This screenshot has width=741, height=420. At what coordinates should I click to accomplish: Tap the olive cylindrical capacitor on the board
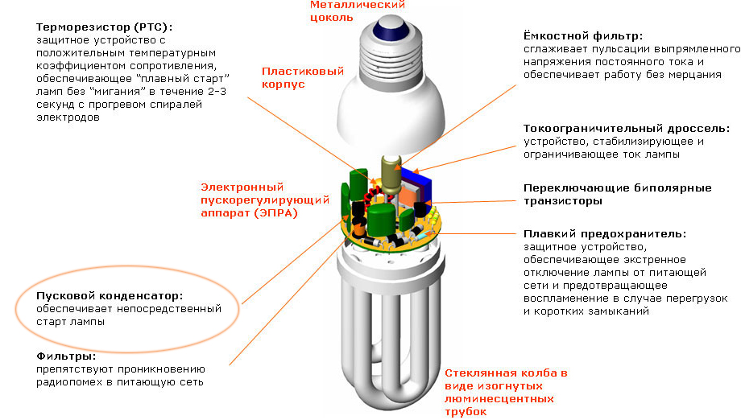point(391,175)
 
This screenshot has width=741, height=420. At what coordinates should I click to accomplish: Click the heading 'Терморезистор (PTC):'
point(105,27)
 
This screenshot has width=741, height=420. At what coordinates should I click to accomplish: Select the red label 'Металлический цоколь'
point(358,11)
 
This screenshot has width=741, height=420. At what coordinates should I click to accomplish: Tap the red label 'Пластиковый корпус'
point(303,78)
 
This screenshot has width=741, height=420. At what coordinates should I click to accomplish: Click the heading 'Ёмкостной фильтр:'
point(582,36)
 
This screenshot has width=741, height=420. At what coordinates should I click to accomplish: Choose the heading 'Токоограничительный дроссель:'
point(626,129)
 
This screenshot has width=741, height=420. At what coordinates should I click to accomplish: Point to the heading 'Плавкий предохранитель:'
point(604,233)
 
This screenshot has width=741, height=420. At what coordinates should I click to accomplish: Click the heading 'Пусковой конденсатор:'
point(110,296)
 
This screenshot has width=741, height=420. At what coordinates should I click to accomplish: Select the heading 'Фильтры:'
point(66,356)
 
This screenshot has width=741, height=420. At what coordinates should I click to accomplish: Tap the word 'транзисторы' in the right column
point(562,201)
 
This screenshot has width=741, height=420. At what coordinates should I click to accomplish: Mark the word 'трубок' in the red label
point(466,412)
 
